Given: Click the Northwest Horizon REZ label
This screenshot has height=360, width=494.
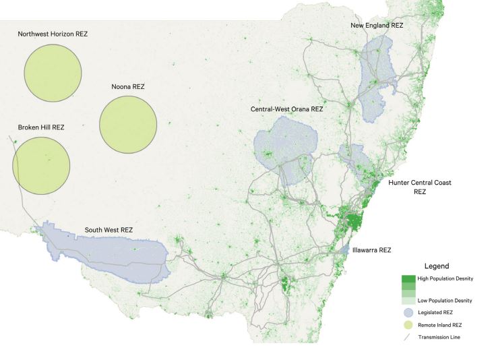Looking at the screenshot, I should coord(53,34).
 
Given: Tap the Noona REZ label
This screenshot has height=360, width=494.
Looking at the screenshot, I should coord(128,87).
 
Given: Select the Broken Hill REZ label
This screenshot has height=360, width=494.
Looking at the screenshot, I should coord(41,127).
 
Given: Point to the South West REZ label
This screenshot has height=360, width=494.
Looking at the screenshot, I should coord(109,230).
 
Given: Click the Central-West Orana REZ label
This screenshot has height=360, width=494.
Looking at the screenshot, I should coord(286,109).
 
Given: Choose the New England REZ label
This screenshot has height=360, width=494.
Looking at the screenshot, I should coord(377,26).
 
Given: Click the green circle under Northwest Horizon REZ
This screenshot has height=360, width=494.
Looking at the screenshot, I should coord(53,73).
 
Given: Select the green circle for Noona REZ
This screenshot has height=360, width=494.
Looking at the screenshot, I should coord(128,124).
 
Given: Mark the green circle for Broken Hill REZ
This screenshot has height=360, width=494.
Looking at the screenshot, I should coord(42,166).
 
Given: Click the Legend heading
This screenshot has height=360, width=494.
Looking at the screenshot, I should coord(436,266).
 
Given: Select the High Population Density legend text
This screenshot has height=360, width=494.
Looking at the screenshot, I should coord(445,278).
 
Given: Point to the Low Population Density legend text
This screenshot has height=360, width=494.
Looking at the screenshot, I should coord(445,300).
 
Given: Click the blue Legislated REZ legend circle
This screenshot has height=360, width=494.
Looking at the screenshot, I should coord(408,313).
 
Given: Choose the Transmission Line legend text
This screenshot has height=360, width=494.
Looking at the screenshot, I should coord(439,337).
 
